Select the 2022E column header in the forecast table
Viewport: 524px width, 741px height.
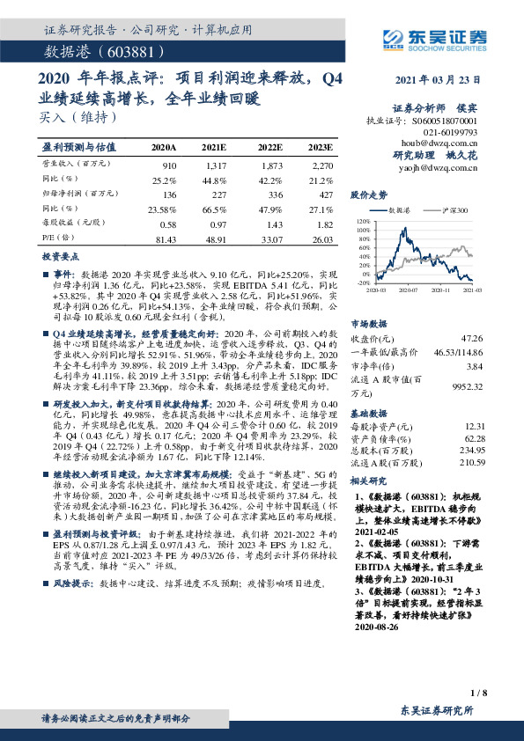click(270, 147)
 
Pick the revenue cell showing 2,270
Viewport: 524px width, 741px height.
click(322, 166)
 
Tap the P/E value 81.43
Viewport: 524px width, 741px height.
click(165, 238)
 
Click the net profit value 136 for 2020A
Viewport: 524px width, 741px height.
click(169, 195)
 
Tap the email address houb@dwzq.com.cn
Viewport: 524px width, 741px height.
click(439, 141)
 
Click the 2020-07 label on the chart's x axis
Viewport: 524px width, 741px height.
click(407, 289)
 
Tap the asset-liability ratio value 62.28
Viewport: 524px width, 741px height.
click(474, 437)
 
